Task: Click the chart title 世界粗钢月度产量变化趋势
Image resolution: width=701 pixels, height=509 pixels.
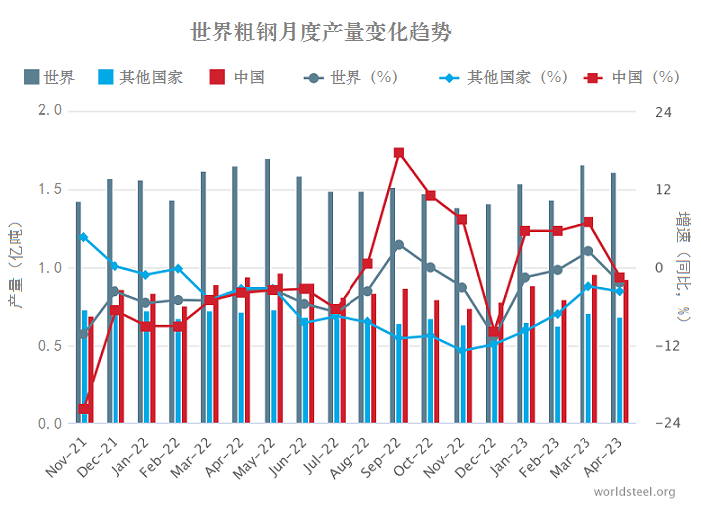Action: [321, 32]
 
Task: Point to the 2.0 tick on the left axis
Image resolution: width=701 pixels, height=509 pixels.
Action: [49, 111]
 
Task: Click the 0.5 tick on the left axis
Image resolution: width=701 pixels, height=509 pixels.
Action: [49, 346]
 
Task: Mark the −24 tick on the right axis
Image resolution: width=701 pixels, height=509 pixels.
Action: [663, 424]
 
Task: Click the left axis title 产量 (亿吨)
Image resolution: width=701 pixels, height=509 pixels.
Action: [16, 267]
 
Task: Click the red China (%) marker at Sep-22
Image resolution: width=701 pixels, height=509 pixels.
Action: [398, 153]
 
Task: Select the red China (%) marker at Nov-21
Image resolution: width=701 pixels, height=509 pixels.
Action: [84, 409]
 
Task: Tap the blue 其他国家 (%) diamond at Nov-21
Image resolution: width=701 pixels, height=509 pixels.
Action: [84, 237]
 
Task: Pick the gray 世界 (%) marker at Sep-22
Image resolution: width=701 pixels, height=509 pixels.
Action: [398, 244]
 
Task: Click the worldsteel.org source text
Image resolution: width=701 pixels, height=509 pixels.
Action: [634, 492]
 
